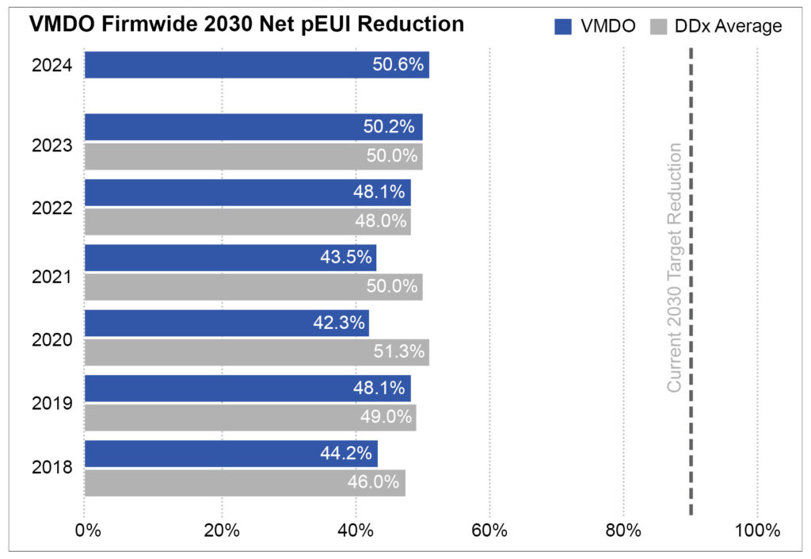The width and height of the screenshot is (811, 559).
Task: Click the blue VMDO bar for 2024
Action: (x=257, y=65)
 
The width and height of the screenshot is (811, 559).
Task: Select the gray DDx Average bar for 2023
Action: (x=253, y=156)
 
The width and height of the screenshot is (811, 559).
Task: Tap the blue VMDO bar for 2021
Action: (x=230, y=258)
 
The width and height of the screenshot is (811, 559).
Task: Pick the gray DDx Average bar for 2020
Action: (x=257, y=352)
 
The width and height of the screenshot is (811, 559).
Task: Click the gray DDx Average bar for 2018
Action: (x=245, y=483)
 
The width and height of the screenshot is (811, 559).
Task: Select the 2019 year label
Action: (x=52, y=403)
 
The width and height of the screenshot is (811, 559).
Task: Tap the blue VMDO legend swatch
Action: (x=563, y=26)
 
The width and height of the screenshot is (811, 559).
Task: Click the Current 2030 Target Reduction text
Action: (x=674, y=267)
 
